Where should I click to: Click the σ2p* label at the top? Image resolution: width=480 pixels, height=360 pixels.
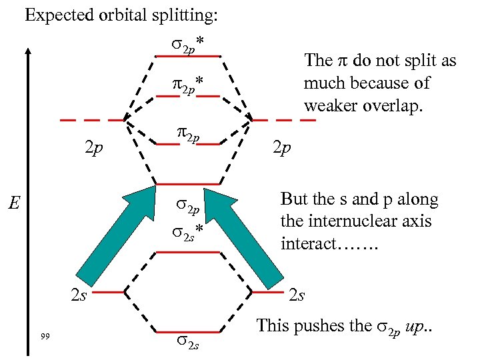(x=187, y=45)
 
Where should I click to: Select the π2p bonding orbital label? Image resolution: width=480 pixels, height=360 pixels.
(x=186, y=138)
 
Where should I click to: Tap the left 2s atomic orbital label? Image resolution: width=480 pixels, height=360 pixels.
(x=79, y=294)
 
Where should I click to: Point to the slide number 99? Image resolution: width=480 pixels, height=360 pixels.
(x=45, y=335)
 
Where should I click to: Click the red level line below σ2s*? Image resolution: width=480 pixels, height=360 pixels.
(x=187, y=252)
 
